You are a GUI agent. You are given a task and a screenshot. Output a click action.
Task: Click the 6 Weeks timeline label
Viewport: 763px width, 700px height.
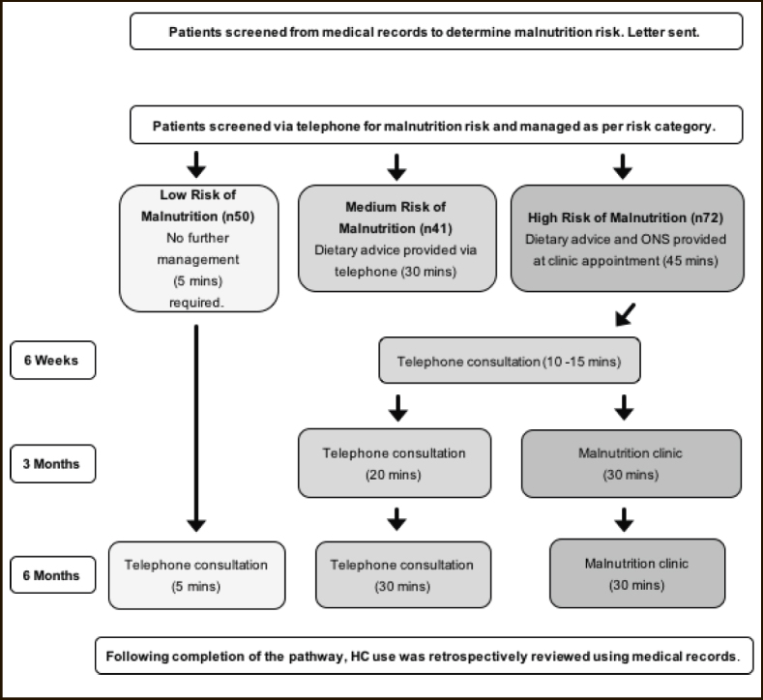(x=53, y=361)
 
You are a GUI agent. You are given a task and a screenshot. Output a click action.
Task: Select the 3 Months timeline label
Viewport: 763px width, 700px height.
(x=53, y=464)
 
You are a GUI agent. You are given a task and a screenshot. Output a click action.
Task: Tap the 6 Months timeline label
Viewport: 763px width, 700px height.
(x=53, y=575)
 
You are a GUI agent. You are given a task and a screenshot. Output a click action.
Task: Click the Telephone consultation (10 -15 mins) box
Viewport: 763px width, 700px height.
(x=510, y=361)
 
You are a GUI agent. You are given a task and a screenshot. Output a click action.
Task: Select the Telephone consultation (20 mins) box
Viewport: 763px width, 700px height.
(x=395, y=463)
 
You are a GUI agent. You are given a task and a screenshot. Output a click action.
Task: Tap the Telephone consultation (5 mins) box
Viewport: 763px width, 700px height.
(x=196, y=575)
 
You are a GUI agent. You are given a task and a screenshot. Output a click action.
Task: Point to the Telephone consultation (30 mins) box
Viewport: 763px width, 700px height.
(x=403, y=575)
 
